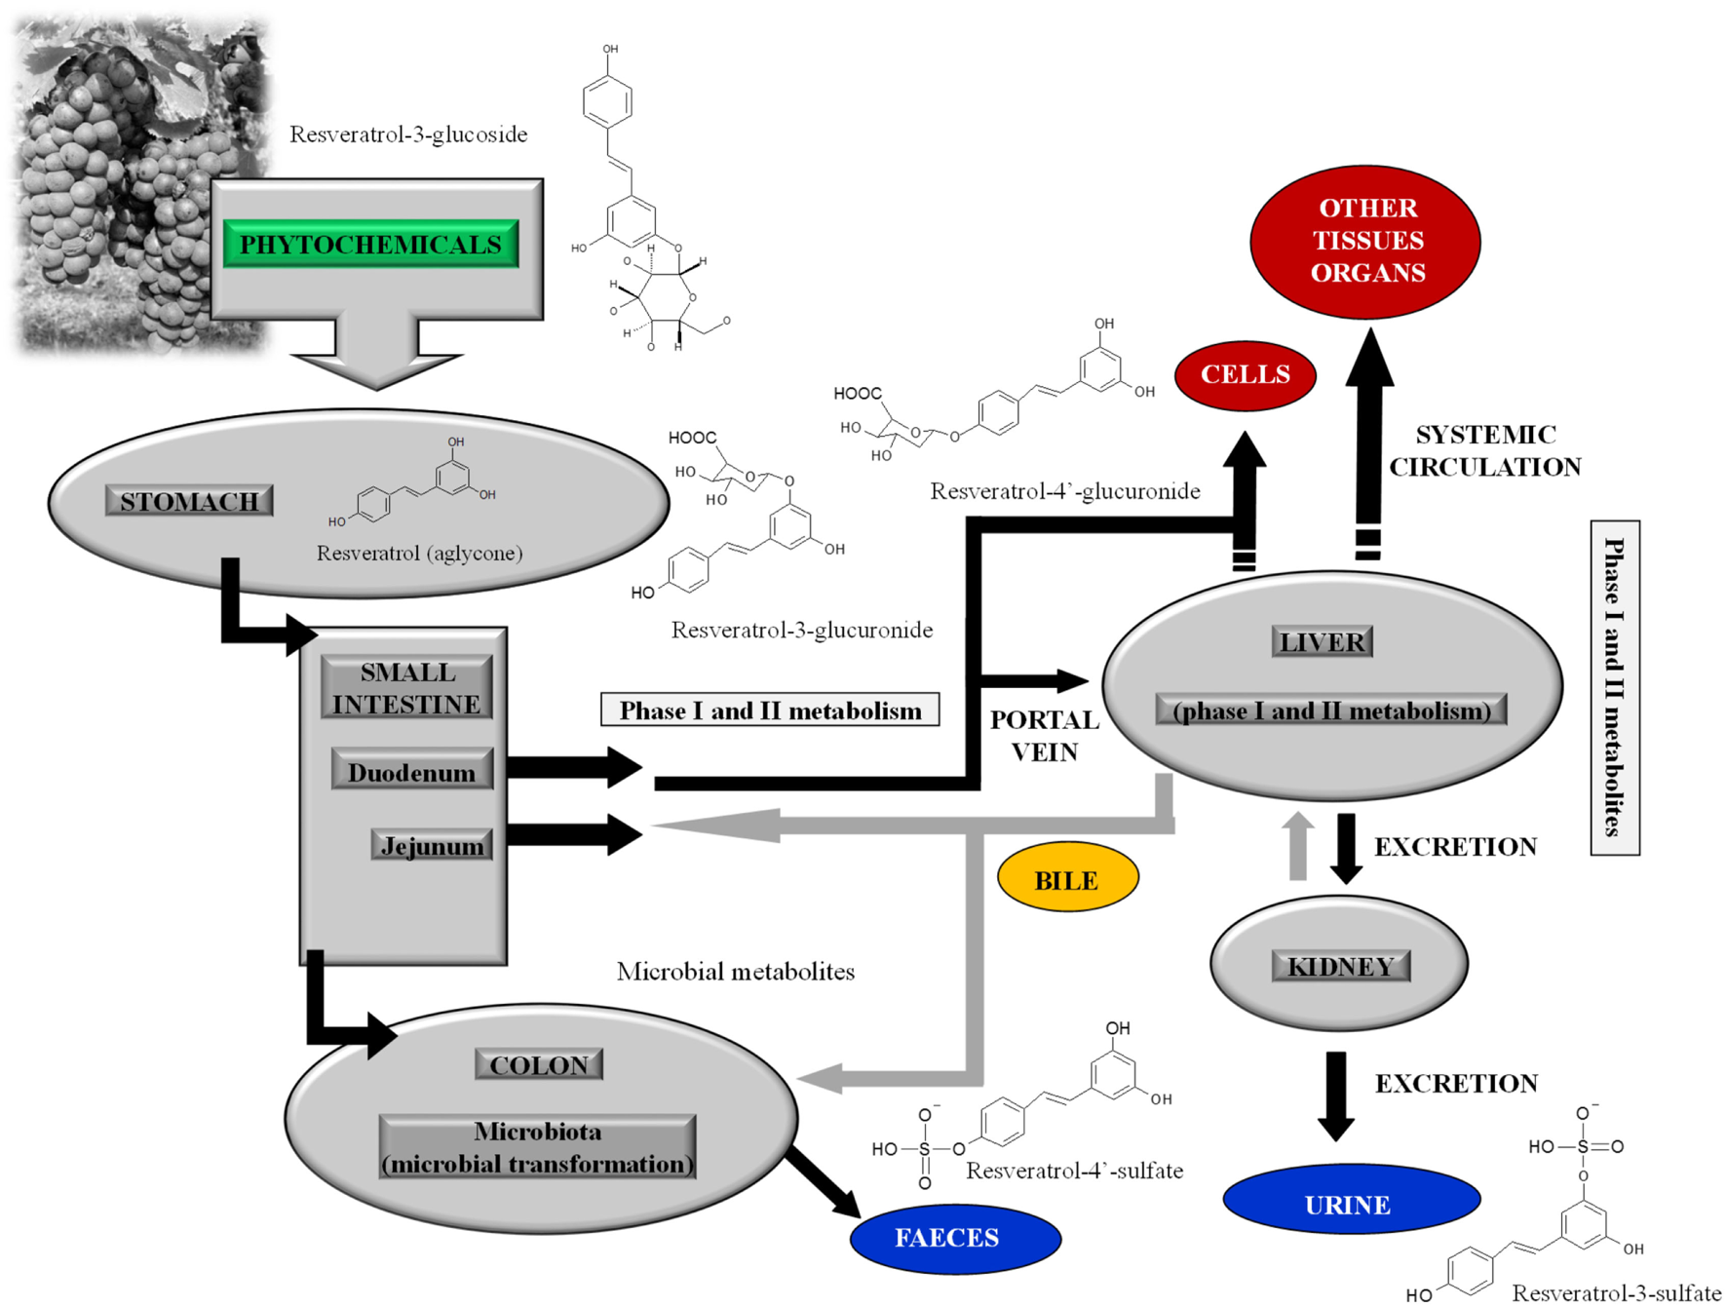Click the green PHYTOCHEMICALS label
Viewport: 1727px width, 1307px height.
(x=370, y=244)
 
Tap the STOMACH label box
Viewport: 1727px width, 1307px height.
(x=188, y=501)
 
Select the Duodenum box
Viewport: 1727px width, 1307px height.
(x=411, y=772)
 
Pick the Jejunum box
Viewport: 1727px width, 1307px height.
(x=432, y=845)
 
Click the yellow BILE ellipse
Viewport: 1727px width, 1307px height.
(x=1067, y=878)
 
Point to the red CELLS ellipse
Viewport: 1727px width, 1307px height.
(x=1245, y=375)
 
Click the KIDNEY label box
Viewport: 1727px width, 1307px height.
(x=1340, y=966)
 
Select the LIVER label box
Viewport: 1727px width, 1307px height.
(x=1322, y=641)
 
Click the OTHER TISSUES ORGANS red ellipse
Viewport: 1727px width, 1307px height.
(x=1365, y=241)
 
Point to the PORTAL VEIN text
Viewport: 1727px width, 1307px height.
(x=1044, y=736)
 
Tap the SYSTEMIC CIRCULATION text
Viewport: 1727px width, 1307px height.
(x=1484, y=450)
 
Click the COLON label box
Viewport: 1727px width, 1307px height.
(x=538, y=1064)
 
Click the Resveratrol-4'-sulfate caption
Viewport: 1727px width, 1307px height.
(x=1073, y=1171)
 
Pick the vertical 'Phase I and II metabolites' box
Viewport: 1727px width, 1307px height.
(x=1614, y=687)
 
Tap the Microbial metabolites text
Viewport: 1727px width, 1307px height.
(x=735, y=972)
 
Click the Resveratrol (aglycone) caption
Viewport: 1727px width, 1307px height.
(x=419, y=554)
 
